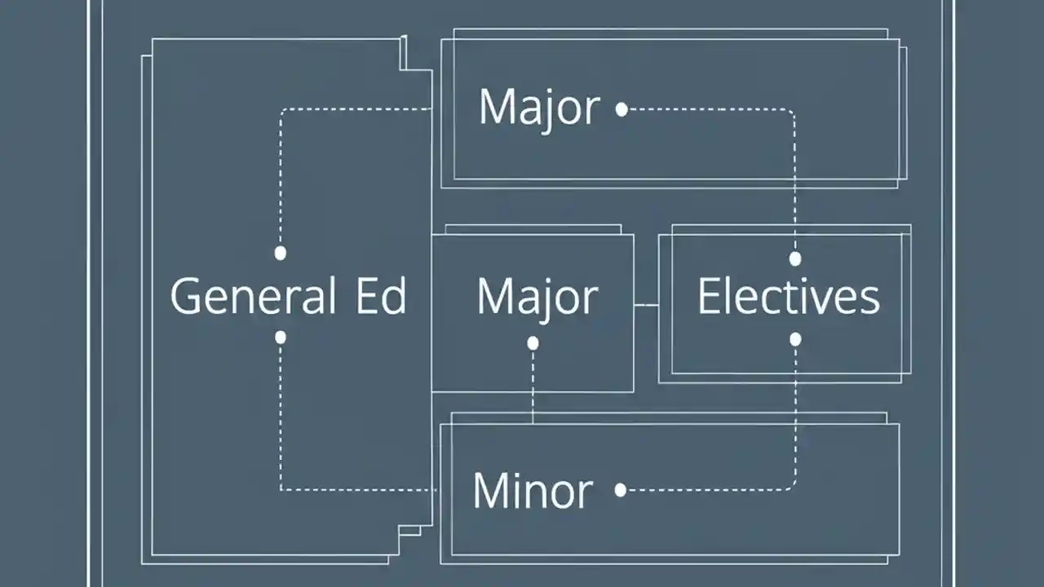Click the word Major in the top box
pos(539,108)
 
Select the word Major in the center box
pos(537,297)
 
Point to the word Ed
pos(381,296)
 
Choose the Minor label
pos(532,490)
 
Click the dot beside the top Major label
pos(622,109)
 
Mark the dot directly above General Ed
pos(281,253)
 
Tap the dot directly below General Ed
pos(281,337)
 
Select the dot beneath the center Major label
pos(533,343)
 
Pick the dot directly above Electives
pos(795,258)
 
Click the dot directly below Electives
pos(795,338)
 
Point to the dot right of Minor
pos(621,490)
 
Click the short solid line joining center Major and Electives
pos(646,305)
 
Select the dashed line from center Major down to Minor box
pos(533,383)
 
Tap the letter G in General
pos(185,296)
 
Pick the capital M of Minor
pos(490,490)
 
